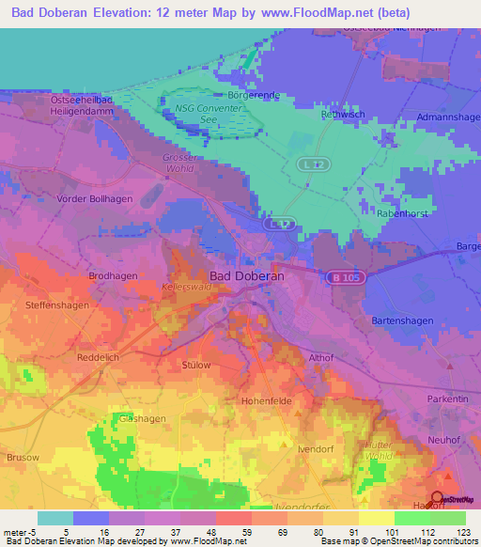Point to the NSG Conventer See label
click(x=209, y=114)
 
